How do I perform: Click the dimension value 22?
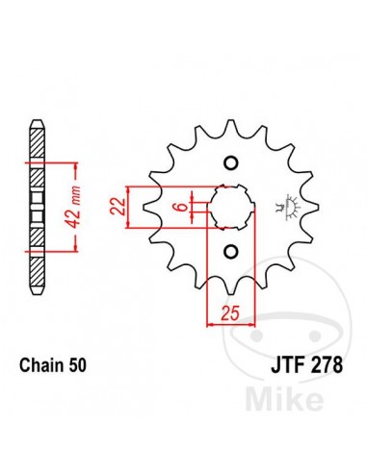[117, 207]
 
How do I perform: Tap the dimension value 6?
[181, 207]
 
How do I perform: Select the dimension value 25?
[230, 313]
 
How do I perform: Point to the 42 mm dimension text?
[74, 207]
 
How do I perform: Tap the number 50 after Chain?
[78, 365]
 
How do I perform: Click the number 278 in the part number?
[326, 365]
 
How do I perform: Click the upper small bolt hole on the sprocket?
[231, 163]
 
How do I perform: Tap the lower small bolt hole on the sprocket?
[231, 251]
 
